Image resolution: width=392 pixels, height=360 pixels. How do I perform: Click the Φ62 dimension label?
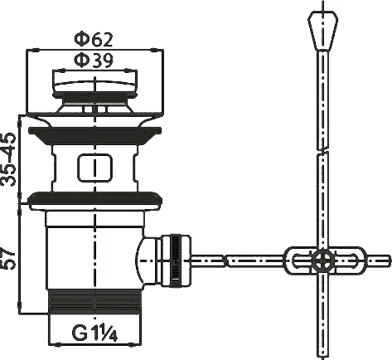(94, 40)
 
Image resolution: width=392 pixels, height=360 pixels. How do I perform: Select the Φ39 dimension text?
(94, 60)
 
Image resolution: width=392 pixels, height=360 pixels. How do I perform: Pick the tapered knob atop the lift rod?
(323, 31)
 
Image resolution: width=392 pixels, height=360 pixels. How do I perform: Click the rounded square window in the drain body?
(95, 168)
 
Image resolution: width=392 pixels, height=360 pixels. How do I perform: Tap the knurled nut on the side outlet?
(176, 260)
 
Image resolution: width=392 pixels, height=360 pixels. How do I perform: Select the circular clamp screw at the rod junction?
(322, 260)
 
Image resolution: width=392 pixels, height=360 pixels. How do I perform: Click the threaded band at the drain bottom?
(94, 302)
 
